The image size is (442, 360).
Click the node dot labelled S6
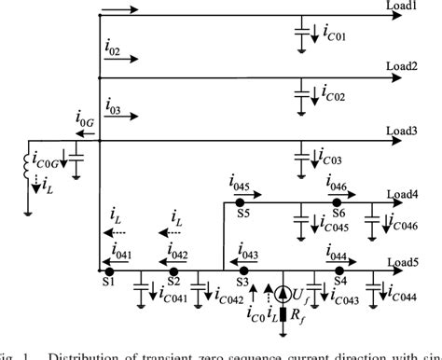339,202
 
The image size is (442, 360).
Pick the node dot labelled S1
108,270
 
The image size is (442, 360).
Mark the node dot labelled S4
340,270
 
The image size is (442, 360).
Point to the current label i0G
83,119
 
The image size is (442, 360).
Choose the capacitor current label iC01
334,37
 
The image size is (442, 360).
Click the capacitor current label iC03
334,161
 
